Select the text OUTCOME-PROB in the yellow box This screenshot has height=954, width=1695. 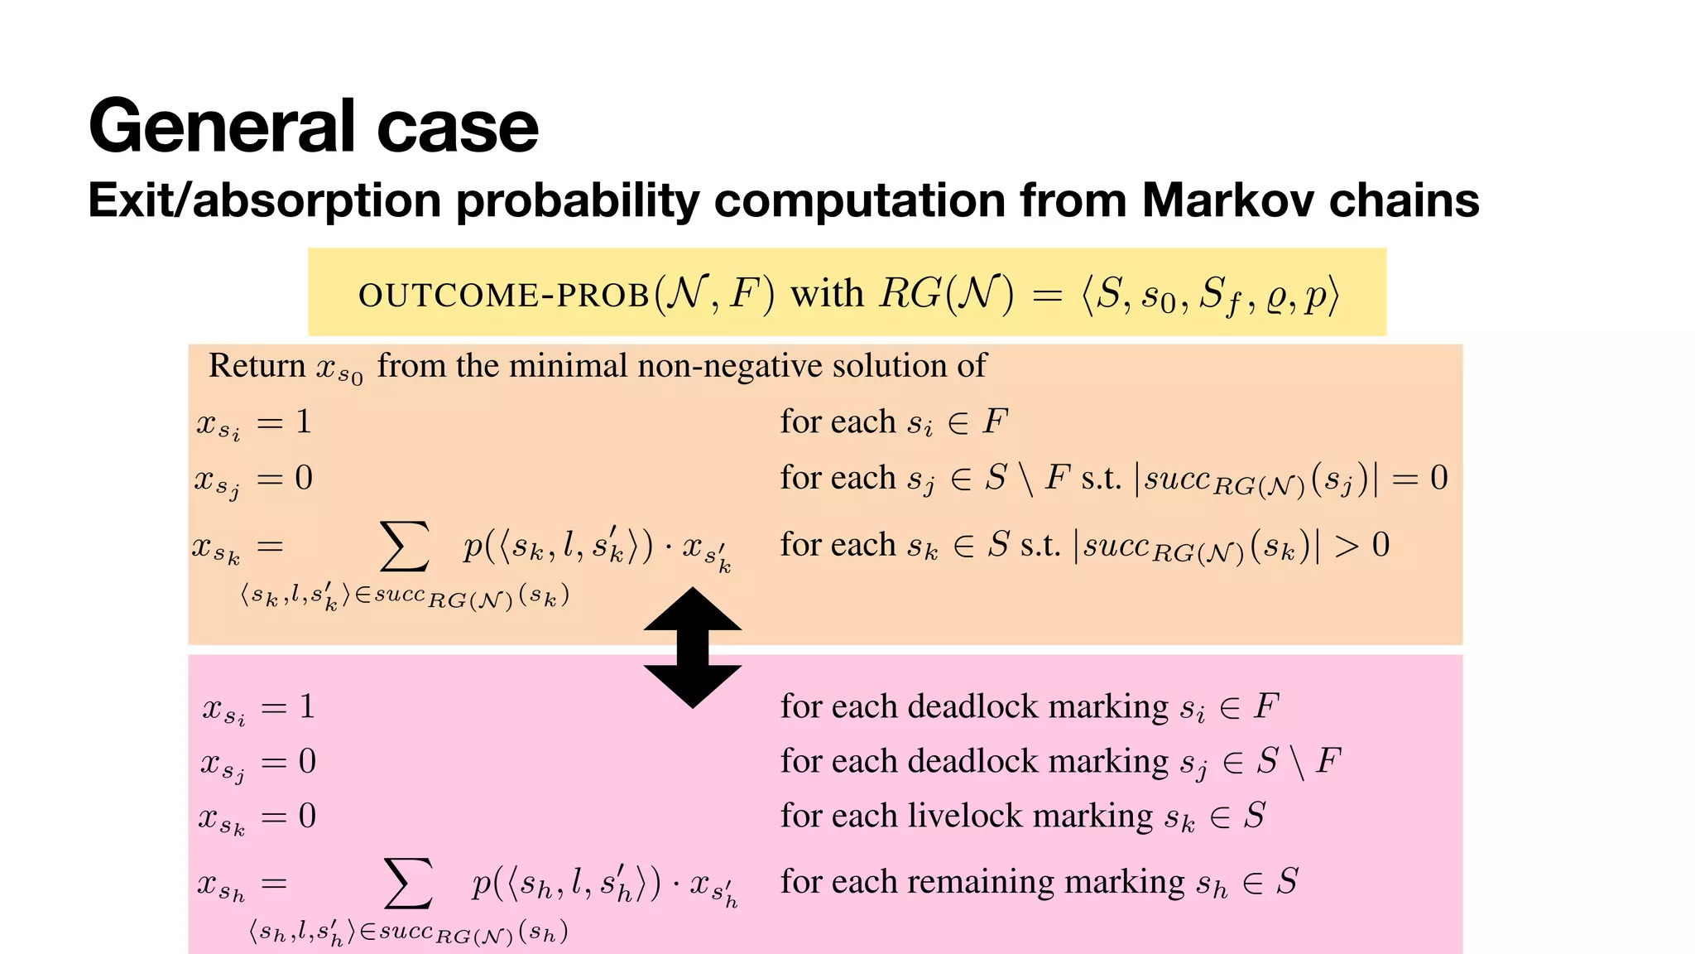[503, 296]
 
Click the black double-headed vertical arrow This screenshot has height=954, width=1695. [693, 648]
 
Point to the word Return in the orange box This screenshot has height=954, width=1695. [257, 365]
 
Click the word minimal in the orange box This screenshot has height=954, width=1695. [568, 365]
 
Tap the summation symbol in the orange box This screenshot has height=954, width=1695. [404, 547]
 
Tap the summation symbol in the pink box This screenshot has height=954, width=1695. [409, 884]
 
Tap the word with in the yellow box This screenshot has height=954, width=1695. [827, 294]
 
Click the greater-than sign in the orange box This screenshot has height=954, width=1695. [1347, 546]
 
